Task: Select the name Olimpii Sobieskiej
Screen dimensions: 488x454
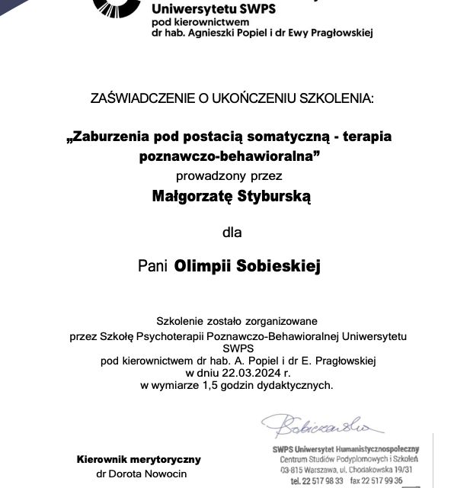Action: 248,266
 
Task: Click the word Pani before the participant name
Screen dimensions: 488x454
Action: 153,266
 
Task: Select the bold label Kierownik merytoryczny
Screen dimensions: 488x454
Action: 138,459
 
